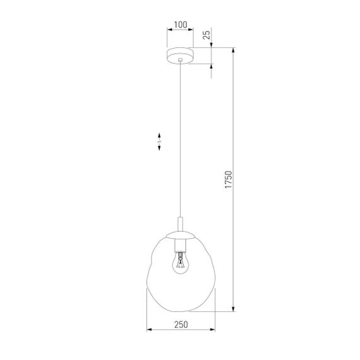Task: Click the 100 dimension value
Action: (180, 25)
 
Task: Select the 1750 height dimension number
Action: (229, 181)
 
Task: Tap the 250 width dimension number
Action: (181, 324)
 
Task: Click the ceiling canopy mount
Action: (181, 56)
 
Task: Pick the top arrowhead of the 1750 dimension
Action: (234, 51)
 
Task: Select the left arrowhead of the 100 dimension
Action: (169, 30)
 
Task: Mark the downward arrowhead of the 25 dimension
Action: (212, 45)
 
